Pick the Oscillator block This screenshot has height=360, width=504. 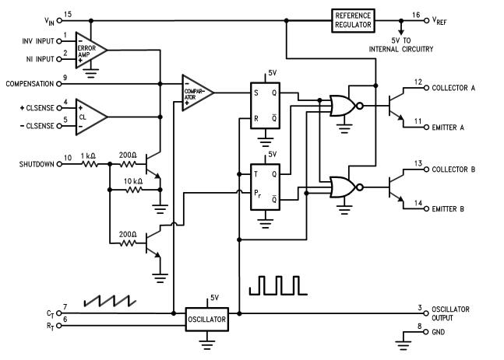[x=206, y=320]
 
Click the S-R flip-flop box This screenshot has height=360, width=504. [x=265, y=106]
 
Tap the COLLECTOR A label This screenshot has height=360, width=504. [x=453, y=88]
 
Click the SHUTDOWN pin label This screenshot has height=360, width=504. [x=37, y=164]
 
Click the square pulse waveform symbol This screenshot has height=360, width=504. [x=277, y=285]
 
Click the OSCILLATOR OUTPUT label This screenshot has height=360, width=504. [x=450, y=313]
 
